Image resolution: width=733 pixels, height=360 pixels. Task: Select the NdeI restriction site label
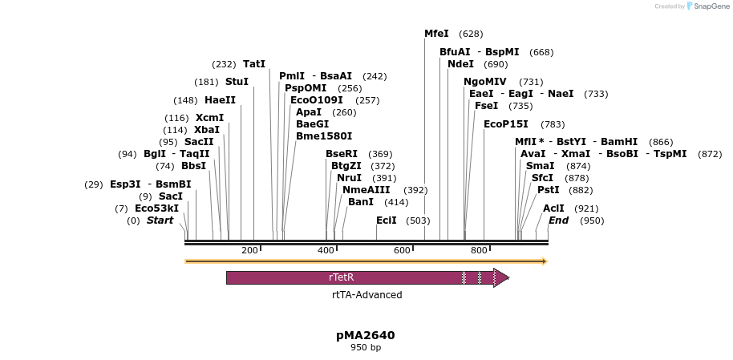click(460, 64)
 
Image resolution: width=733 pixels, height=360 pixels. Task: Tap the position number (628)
click(471, 34)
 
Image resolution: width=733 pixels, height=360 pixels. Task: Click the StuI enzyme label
click(237, 82)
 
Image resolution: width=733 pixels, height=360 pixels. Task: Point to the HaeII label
click(221, 100)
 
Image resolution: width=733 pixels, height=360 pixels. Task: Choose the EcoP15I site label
click(506, 124)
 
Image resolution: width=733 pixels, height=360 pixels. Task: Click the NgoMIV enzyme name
click(485, 82)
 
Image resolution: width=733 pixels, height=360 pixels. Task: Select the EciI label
click(387, 220)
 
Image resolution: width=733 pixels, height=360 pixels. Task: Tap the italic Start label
click(160, 220)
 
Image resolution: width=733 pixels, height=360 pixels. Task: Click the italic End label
click(559, 220)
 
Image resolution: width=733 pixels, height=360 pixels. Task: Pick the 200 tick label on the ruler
click(249, 250)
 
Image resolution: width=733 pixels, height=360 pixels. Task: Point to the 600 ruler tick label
click(403, 250)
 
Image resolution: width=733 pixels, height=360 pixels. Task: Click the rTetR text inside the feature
click(342, 277)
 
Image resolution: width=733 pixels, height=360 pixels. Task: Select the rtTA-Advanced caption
click(367, 295)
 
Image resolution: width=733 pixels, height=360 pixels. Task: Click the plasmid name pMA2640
click(366, 335)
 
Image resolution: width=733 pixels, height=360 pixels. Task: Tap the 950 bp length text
click(366, 348)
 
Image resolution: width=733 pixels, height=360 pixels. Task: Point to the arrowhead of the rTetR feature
click(501, 277)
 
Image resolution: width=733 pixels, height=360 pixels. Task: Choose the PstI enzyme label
click(549, 190)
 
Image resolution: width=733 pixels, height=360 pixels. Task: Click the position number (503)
click(419, 220)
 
